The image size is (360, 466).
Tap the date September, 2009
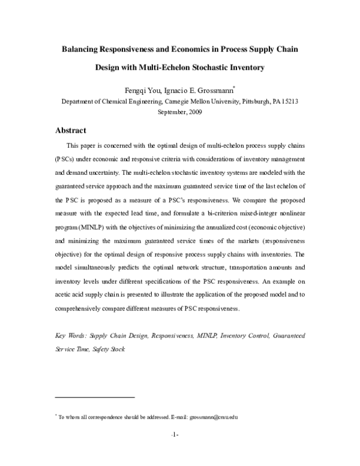point(180,112)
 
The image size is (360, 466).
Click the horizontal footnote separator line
point(95,397)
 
